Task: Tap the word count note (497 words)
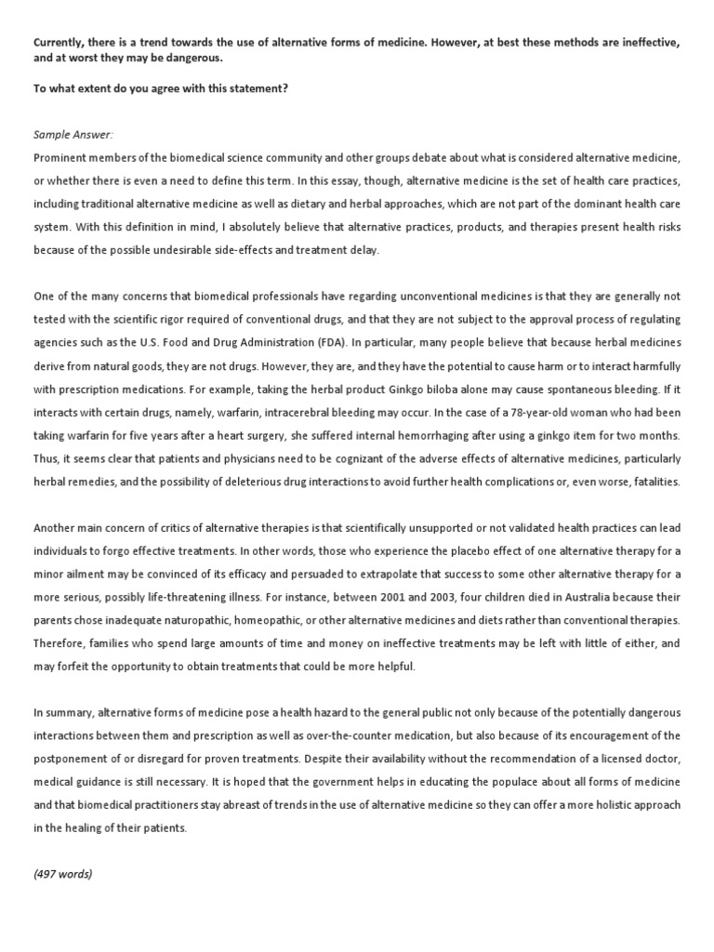(62, 874)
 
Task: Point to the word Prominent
(60, 158)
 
